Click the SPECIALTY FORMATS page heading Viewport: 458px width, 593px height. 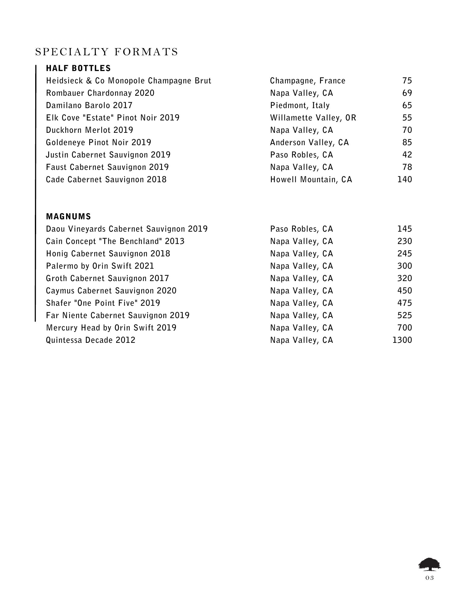pyautogui.click(x=106, y=52)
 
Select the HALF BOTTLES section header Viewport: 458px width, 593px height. pyautogui.click(x=78, y=68)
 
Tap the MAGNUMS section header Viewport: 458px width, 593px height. pyautogui.click(x=69, y=217)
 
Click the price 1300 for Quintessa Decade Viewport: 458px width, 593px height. pyautogui.click(x=402, y=340)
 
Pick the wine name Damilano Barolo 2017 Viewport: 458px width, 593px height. pyautogui.click(x=89, y=105)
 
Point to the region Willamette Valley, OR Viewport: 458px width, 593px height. pyautogui.click(x=313, y=118)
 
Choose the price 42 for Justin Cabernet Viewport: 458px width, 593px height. pyautogui.click(x=407, y=155)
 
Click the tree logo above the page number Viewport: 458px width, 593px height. pyautogui.click(x=429, y=564)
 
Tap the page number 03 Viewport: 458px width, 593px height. pyautogui.click(x=429, y=578)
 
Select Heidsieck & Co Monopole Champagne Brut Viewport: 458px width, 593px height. pyautogui.click(x=129, y=81)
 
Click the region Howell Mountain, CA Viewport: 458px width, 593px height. pyautogui.click(x=311, y=179)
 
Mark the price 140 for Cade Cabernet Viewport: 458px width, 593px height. pyautogui.click(x=405, y=179)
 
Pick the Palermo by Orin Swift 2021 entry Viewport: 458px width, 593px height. pyautogui.click(x=100, y=266)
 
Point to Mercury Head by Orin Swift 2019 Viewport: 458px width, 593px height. pyautogui.click(x=111, y=328)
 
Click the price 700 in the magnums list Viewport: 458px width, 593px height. pyautogui.click(x=405, y=328)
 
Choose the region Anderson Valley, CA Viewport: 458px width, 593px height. pyautogui.click(x=309, y=142)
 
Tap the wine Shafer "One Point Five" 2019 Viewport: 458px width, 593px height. pyautogui.click(x=103, y=303)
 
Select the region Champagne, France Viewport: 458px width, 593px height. pyautogui.click(x=308, y=81)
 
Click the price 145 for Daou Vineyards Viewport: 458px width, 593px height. pyautogui.click(x=405, y=229)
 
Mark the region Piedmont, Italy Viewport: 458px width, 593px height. pyautogui.click(x=300, y=105)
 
